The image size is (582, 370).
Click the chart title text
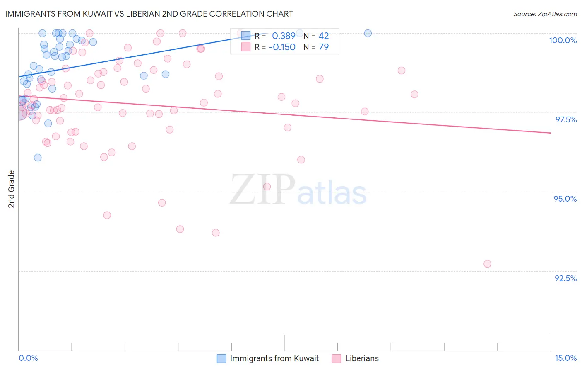coord(149,14)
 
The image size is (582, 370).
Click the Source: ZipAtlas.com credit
coord(545,14)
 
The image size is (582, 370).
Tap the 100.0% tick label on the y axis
coord(563,40)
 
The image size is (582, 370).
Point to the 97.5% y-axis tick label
coord(566,119)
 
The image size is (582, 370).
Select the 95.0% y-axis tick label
coord(565,199)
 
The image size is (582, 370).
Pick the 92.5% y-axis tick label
coord(565,278)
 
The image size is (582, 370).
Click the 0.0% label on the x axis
coord(28,358)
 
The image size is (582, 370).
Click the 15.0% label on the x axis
coord(565,358)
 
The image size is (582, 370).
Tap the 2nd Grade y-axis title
coord(12,189)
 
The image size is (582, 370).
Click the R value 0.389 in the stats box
coord(284,36)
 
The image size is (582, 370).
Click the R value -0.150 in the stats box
coord(282,47)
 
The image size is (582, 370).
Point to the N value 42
coord(324,36)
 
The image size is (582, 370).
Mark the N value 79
coord(324,47)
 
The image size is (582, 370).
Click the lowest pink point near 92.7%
coord(487,264)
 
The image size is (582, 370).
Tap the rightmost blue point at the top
coord(368,33)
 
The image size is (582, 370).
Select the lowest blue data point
coord(38,158)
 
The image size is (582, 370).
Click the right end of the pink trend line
coord(551,133)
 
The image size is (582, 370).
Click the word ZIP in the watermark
coord(262,190)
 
